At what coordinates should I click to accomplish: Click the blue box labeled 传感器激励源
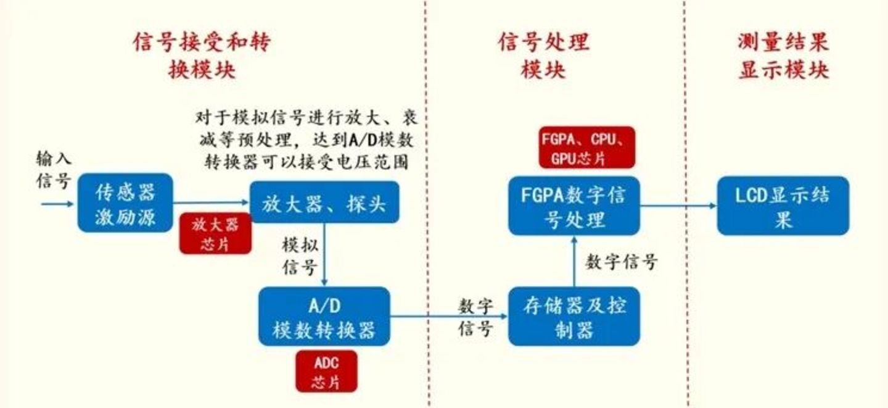coord(125,202)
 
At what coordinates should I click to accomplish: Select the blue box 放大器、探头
coord(324,202)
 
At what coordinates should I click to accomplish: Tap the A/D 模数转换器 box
coord(324,316)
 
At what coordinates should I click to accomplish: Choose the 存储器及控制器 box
coord(574,316)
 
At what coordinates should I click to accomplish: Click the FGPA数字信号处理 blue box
coord(574,206)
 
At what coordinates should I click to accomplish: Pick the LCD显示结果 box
coord(783,206)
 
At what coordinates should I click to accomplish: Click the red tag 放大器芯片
coord(215,233)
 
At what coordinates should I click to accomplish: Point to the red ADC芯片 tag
coord(326,372)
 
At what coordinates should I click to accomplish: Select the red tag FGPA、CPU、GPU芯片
coord(586,148)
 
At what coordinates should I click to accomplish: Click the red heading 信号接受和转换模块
coord(202,56)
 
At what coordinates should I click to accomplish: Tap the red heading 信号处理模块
coord(543,56)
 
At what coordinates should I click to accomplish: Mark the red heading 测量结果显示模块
coord(783,56)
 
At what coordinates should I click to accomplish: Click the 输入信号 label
coord(54,170)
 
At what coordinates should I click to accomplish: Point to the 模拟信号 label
coord(300,256)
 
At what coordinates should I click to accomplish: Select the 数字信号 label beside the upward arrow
coord(621,262)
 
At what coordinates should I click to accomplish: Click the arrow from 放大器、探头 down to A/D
coord(324,254)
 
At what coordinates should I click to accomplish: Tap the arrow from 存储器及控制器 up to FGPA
coord(574,262)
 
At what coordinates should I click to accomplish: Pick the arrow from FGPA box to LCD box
coord(678,206)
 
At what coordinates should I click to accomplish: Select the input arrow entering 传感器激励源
coord(58,204)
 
